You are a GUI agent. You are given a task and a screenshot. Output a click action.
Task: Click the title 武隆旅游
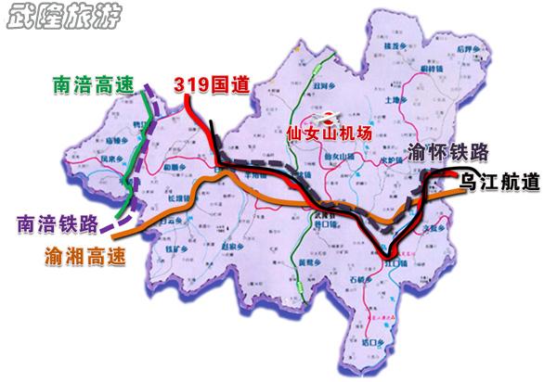pos(62,18)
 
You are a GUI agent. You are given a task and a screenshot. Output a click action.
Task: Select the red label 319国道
pos(212,84)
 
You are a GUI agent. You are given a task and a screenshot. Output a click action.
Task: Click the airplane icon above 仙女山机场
pos(328,116)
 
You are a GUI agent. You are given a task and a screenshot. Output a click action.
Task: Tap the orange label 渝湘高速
pos(84,250)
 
